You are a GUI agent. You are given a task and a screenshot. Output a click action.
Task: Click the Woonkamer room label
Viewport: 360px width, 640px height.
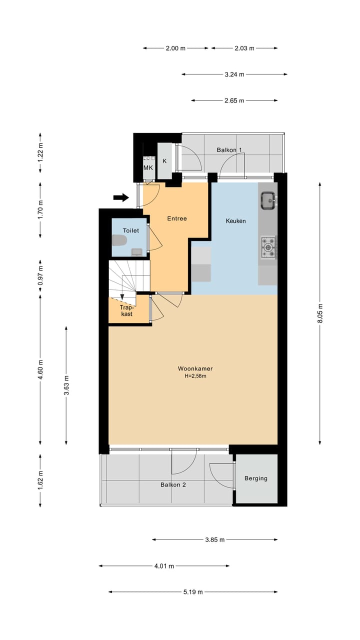pyautogui.click(x=195, y=368)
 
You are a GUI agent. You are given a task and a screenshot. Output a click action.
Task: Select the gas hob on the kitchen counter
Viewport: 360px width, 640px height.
pyautogui.click(x=268, y=247)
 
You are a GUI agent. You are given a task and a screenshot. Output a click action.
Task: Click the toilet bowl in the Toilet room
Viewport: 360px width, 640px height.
pyautogui.click(x=119, y=240)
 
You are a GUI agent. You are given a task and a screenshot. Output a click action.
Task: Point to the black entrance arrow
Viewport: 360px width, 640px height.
pyautogui.click(x=121, y=197)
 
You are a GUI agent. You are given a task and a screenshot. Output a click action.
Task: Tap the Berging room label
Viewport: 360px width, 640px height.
pyautogui.click(x=256, y=478)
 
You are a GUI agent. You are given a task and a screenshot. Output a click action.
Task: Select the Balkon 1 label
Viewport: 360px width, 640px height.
pyautogui.click(x=229, y=149)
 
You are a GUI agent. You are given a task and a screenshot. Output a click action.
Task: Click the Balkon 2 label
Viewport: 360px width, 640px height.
pyautogui.click(x=173, y=484)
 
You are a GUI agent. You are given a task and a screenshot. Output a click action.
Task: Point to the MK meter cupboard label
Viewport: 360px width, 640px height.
pyautogui.click(x=148, y=167)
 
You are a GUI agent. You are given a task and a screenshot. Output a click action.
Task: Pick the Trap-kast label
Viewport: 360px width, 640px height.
pyautogui.click(x=126, y=310)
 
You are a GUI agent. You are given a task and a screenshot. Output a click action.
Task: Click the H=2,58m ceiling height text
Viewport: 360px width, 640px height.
pyautogui.click(x=195, y=376)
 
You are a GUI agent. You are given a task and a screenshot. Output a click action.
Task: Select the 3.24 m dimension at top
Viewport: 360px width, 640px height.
pyautogui.click(x=234, y=74)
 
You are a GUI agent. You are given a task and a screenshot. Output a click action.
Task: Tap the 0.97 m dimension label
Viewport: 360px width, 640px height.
pyautogui.click(x=40, y=275)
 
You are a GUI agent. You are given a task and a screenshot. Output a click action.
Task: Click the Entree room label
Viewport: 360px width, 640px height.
pyautogui.click(x=177, y=218)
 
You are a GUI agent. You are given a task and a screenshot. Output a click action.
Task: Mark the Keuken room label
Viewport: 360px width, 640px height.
pyautogui.click(x=235, y=221)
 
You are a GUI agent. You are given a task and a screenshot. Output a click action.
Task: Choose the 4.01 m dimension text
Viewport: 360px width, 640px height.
pyautogui.click(x=164, y=565)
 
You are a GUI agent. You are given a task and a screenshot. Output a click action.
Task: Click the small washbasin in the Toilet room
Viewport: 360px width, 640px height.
pyautogui.click(x=136, y=252)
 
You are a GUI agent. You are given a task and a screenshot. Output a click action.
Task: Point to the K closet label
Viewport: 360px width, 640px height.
pyautogui.click(x=164, y=161)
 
